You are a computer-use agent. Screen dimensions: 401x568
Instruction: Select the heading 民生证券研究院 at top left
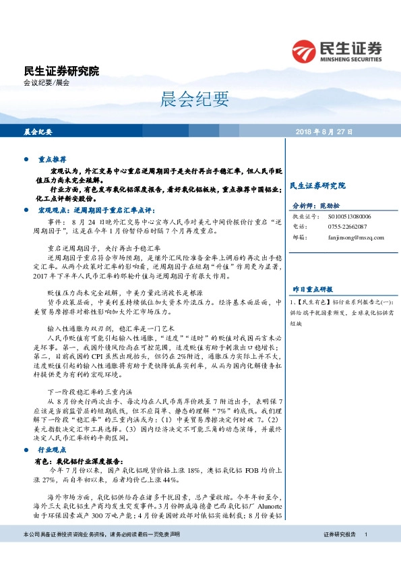[x=61, y=71]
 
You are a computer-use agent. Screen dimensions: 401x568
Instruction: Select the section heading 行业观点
[x=52, y=448]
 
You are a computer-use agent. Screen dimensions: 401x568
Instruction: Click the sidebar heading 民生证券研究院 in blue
[x=317, y=185]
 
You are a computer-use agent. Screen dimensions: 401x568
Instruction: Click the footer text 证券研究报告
[x=339, y=553]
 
